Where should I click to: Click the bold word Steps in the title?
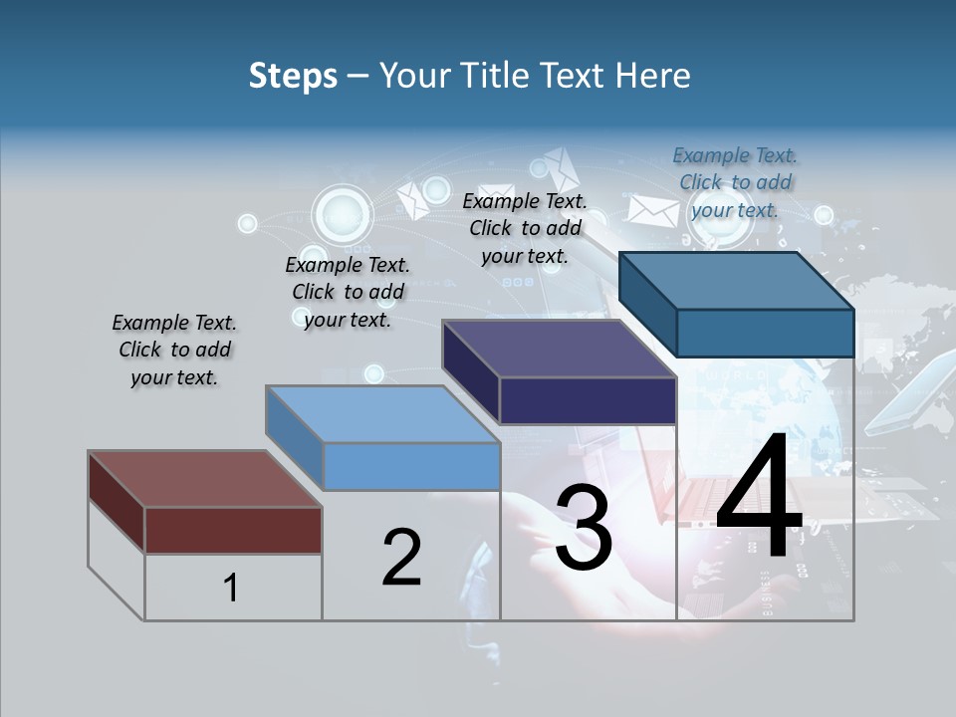tap(293, 76)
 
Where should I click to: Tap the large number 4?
tap(759, 499)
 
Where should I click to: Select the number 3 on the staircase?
tap(584, 528)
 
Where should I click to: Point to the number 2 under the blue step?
tap(401, 558)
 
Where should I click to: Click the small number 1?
tap(230, 589)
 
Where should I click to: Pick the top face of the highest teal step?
tap(736, 281)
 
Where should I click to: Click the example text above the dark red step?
tap(174, 351)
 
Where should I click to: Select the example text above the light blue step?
tap(348, 293)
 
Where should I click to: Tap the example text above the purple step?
tap(525, 228)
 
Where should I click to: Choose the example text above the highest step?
tap(735, 182)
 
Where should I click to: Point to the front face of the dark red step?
tap(233, 530)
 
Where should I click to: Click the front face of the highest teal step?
tap(765, 333)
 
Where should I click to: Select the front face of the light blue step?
tap(411, 466)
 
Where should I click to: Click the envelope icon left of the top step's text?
tap(652, 210)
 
